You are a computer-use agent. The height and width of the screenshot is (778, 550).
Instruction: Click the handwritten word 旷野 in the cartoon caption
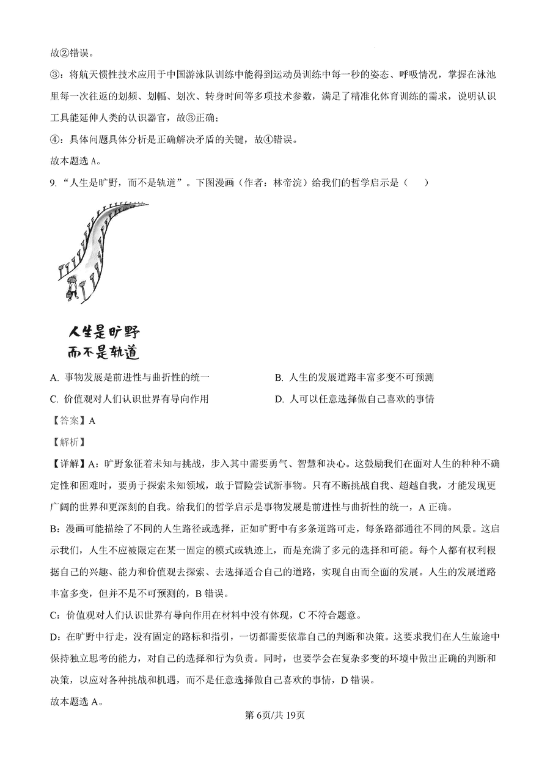point(123,332)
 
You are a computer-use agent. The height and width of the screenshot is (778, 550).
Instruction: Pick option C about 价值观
point(130,399)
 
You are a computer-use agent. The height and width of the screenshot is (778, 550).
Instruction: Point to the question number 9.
point(53,182)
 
